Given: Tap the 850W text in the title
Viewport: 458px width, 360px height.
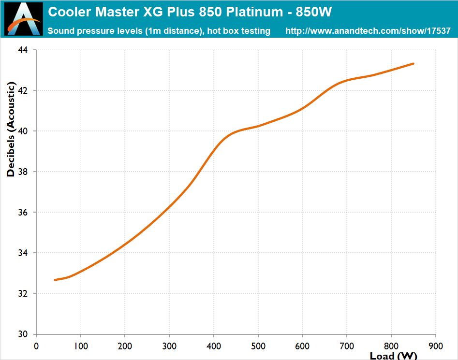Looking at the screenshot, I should pyautogui.click(x=314, y=11).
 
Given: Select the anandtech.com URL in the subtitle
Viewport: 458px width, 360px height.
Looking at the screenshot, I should pyautogui.click(x=368, y=31).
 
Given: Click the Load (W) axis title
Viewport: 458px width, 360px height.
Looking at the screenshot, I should pyautogui.click(x=393, y=356).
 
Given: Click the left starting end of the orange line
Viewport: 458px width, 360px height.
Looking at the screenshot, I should pyautogui.click(x=55, y=280).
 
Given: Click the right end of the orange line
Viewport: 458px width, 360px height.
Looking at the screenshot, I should pyautogui.click(x=413, y=63).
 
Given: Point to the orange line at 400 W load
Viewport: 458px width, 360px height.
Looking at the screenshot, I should pyautogui.click(x=214, y=150).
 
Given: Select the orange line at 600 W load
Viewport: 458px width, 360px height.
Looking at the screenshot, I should pyautogui.click(x=302, y=108).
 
